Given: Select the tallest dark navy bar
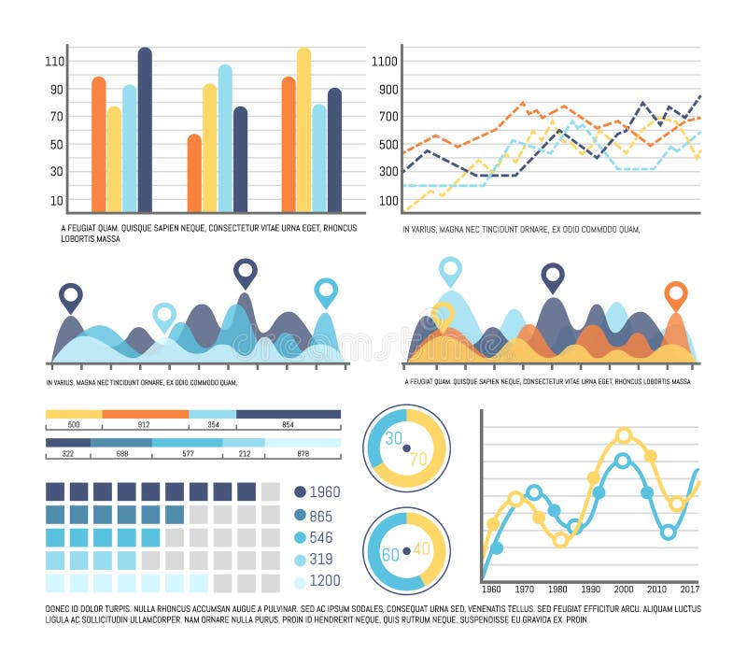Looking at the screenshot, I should click(145, 130).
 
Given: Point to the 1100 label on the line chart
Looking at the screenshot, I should click(385, 62).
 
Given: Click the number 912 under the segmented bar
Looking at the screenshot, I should click(145, 425).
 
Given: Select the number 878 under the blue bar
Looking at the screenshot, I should click(303, 454).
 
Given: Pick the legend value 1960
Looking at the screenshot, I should click(326, 492).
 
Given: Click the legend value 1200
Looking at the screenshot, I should click(326, 581).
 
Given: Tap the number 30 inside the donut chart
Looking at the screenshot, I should click(394, 438).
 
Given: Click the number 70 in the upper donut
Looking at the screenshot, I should click(417, 458).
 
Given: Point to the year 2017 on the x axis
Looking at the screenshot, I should click(689, 590).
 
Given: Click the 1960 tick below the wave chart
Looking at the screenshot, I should click(491, 590).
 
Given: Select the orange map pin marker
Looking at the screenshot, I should click(675, 295).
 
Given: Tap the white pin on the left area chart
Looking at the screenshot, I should click(164, 316).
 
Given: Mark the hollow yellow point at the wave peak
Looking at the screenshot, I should click(624, 434).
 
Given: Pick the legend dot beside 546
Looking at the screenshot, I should click(300, 538).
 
